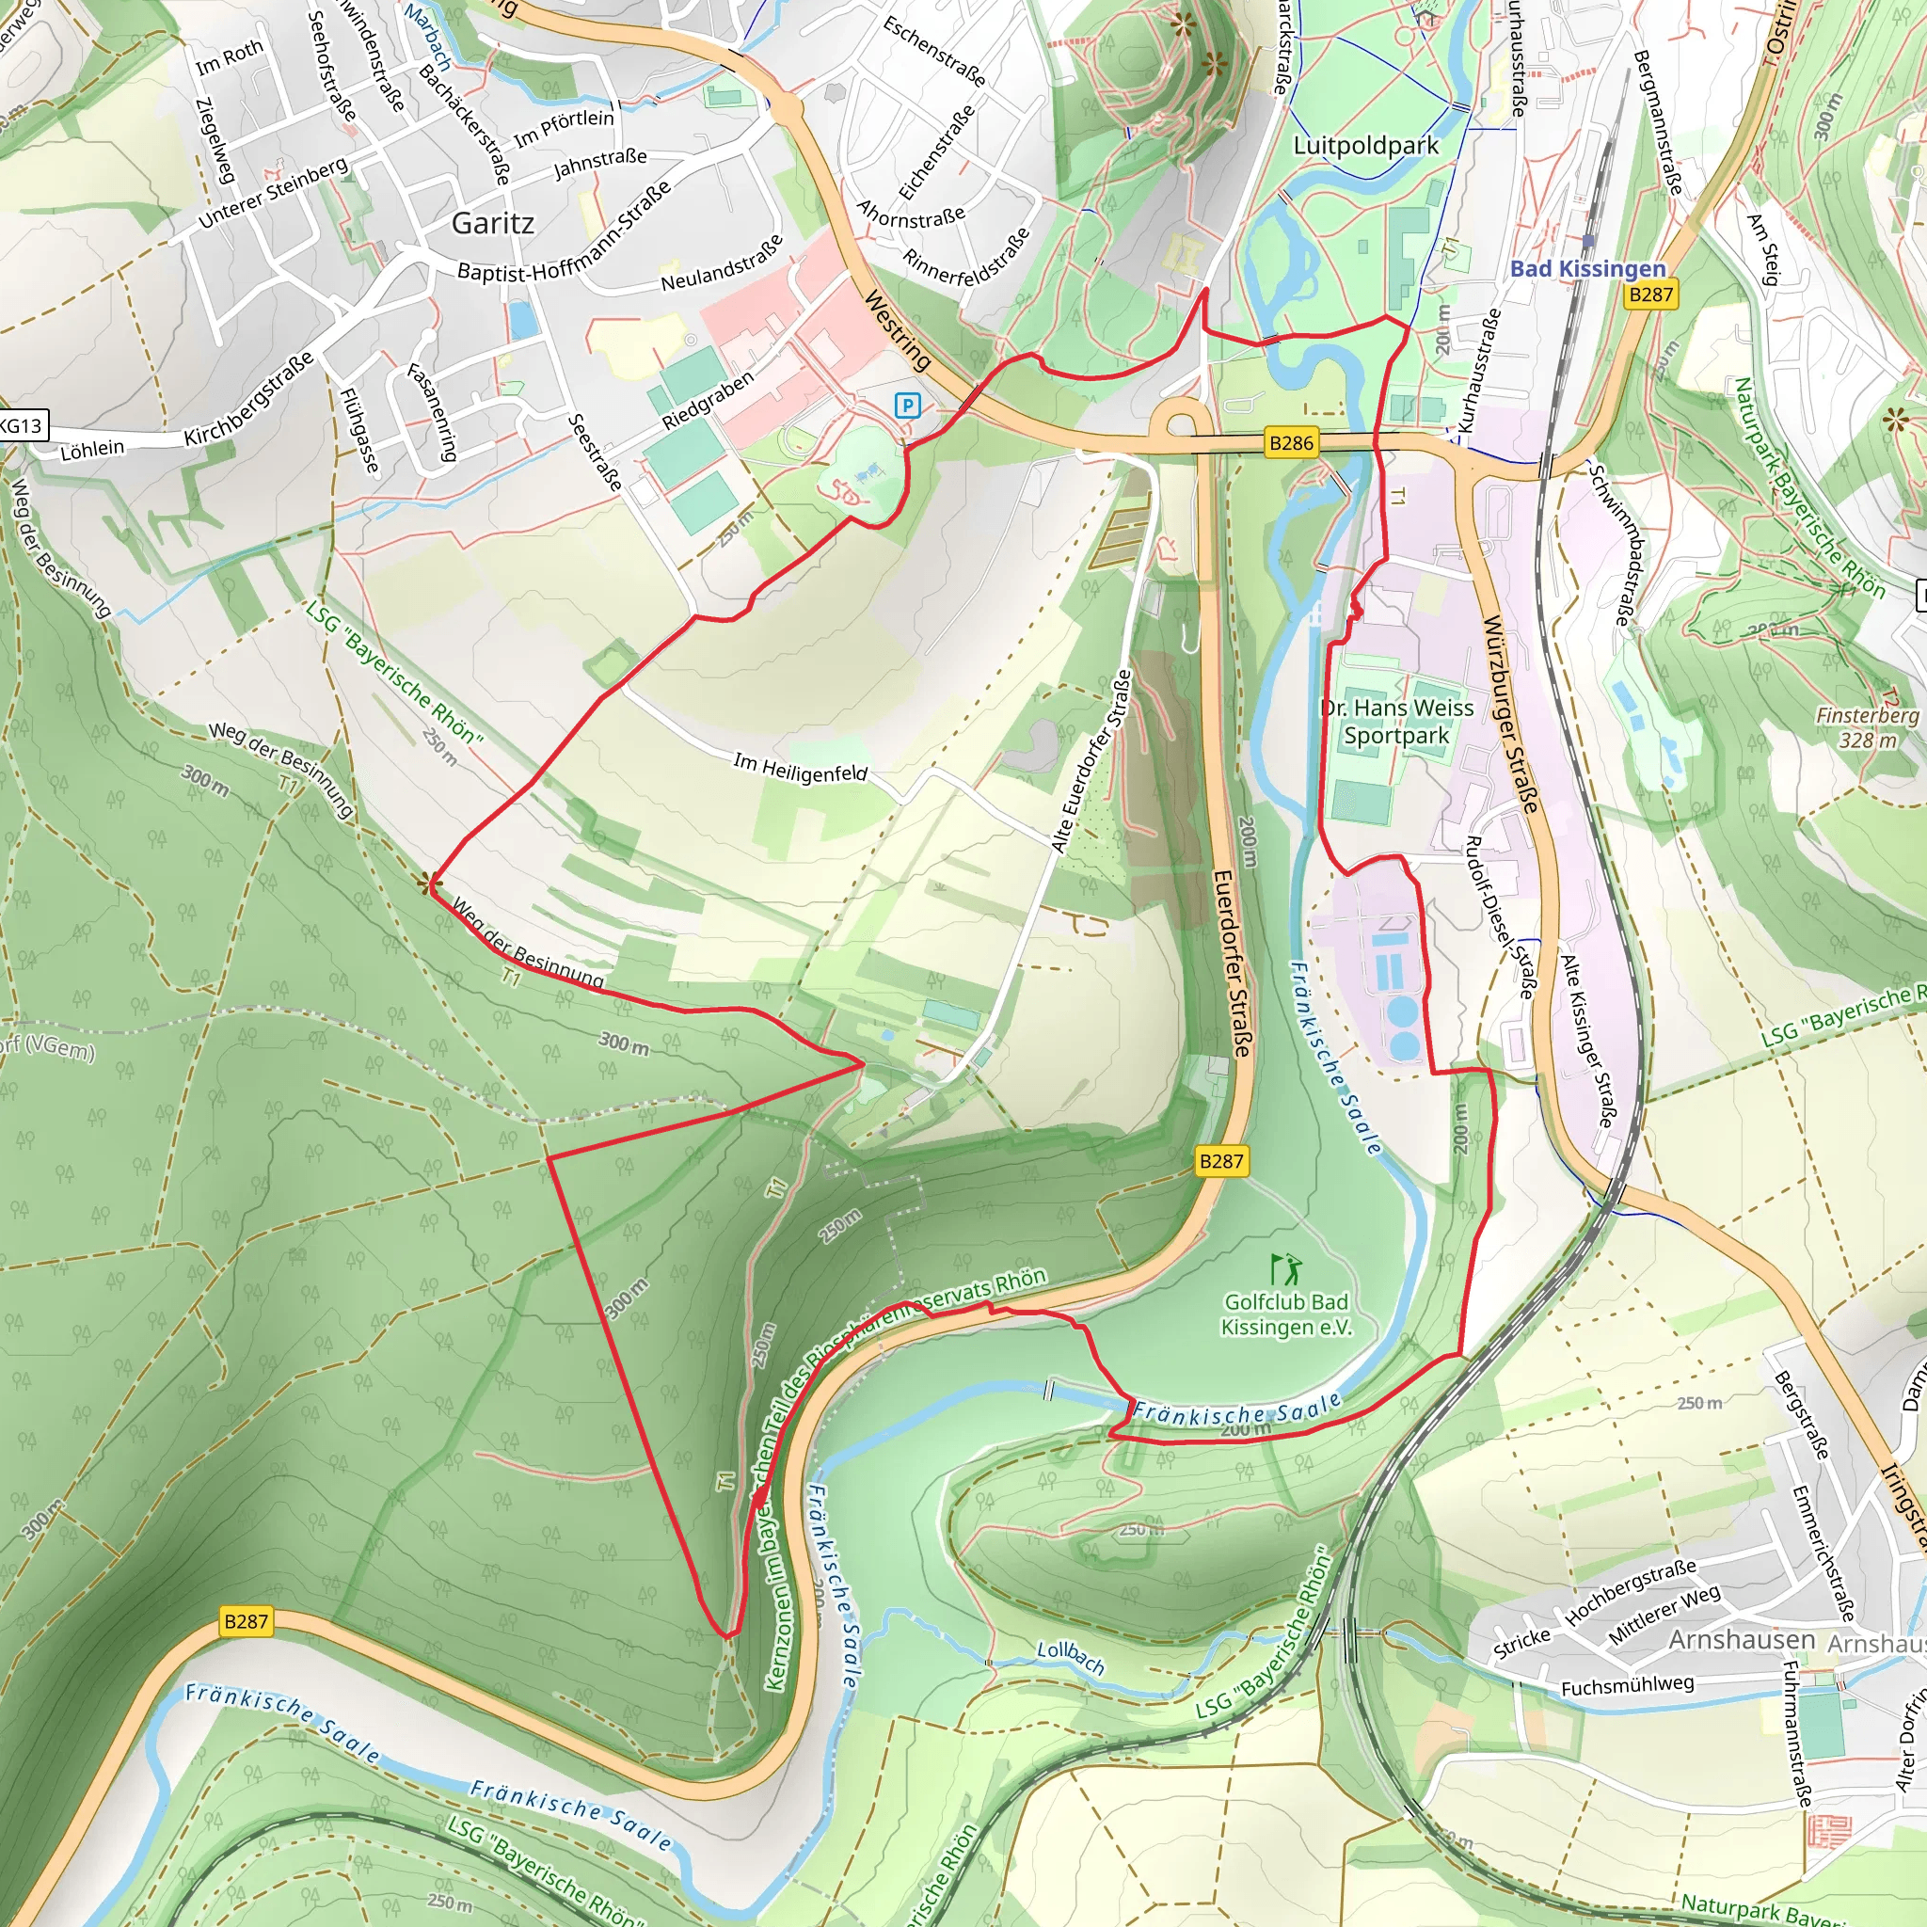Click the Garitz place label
[493, 222]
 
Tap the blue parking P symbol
[907, 405]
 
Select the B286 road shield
[1291, 443]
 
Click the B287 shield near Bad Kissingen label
[1650, 295]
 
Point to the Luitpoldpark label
[1365, 146]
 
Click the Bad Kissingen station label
[1588, 268]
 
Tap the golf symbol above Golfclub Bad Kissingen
[1285, 1268]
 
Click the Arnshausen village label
[1742, 1640]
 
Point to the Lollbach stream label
[1070, 1657]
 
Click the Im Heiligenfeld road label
[801, 768]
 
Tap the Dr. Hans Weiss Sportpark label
[1396, 721]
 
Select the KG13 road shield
[21, 426]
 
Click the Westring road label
[897, 330]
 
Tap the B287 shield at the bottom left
[246, 1621]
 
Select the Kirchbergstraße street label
[248, 399]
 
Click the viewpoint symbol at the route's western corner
[431, 883]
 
